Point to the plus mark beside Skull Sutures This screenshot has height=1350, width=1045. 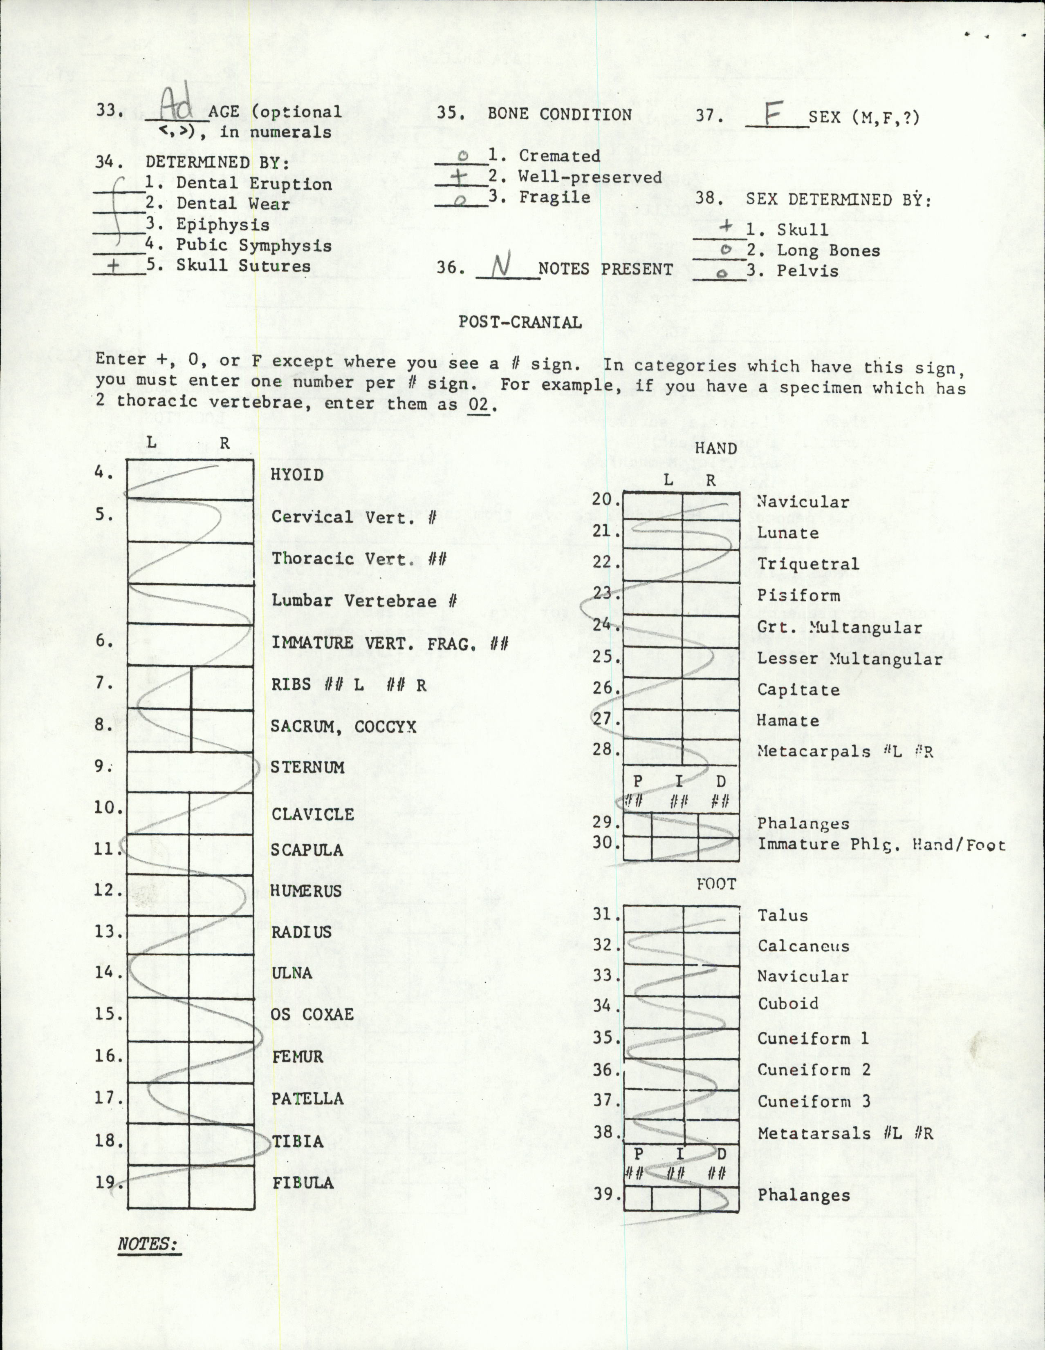114,266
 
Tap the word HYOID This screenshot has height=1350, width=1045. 297,475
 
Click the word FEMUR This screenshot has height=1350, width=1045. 297,1056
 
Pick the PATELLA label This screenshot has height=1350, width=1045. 307,1098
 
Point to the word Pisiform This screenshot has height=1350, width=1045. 798,595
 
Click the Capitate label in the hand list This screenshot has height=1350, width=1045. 798,690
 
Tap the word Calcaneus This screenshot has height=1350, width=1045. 803,946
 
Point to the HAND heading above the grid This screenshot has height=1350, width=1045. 715,448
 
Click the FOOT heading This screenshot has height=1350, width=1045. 716,884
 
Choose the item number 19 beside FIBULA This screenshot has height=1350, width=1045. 105,1181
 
